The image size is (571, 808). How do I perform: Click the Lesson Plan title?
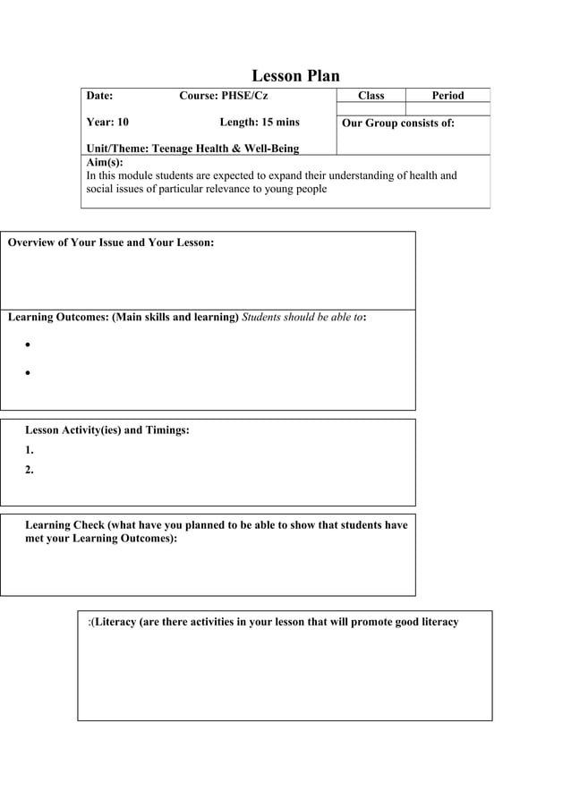tap(295, 76)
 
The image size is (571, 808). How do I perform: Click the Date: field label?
tap(99, 96)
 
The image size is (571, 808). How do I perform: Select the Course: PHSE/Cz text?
tap(224, 96)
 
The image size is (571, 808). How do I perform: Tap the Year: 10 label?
tap(107, 122)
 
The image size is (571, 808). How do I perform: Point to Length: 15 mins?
tap(260, 122)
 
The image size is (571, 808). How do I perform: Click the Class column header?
tap(371, 96)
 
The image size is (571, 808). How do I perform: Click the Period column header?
tap(447, 96)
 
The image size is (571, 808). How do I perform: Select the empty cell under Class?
tap(371, 109)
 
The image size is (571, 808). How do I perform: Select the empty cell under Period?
tap(447, 109)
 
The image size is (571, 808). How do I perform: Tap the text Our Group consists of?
tap(398, 123)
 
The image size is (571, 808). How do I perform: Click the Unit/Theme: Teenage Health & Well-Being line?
tap(192, 149)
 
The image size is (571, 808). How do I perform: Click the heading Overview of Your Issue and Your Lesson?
tap(111, 242)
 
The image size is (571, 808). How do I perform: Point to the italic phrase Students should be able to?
tap(303, 317)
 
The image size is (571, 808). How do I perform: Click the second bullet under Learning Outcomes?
tap(30, 374)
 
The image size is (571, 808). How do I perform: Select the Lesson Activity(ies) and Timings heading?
tap(107, 430)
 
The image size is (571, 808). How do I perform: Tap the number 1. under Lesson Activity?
tap(30, 451)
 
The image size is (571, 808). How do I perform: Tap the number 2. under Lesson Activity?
tap(30, 470)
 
